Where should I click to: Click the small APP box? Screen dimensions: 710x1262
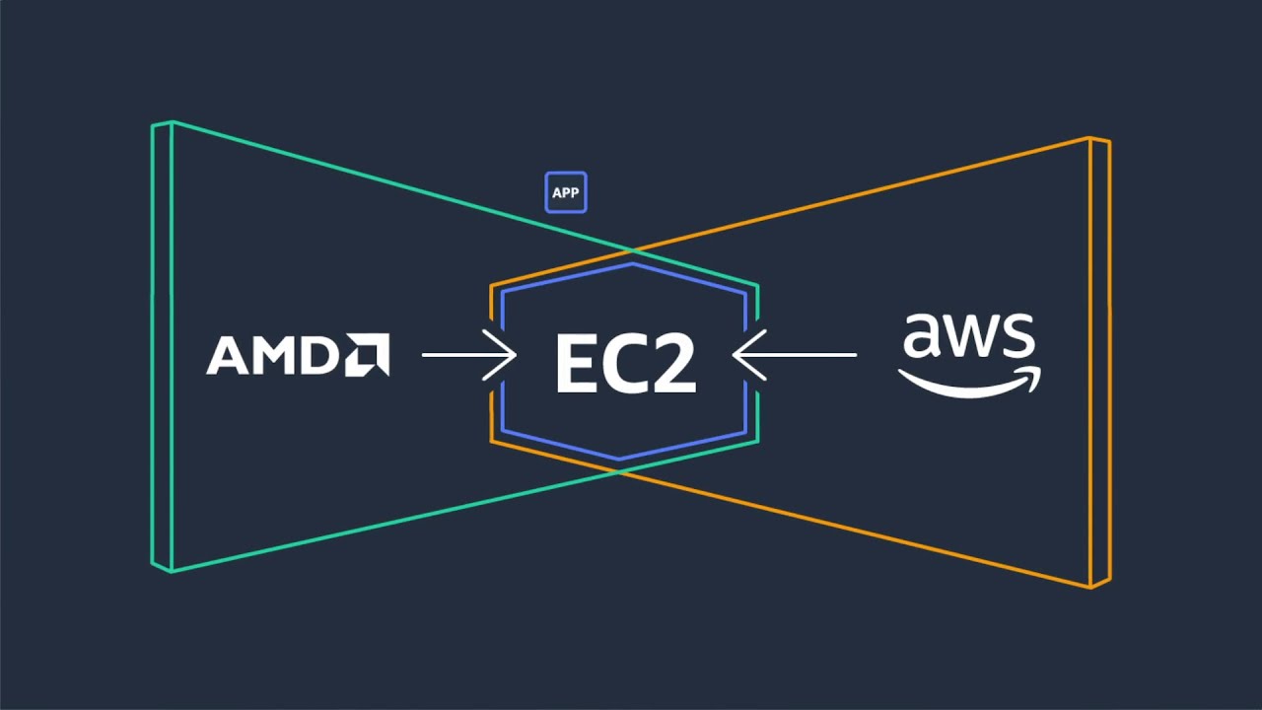[566, 193]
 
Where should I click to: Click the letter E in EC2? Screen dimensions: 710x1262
[578, 364]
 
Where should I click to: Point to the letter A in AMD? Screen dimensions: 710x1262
[227, 356]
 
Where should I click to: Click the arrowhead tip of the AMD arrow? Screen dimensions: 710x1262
[514, 354]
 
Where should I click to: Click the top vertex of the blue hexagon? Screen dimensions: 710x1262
[632, 264]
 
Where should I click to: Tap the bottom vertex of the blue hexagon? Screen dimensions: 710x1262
[619, 459]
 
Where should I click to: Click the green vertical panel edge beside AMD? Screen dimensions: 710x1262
[163, 345]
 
